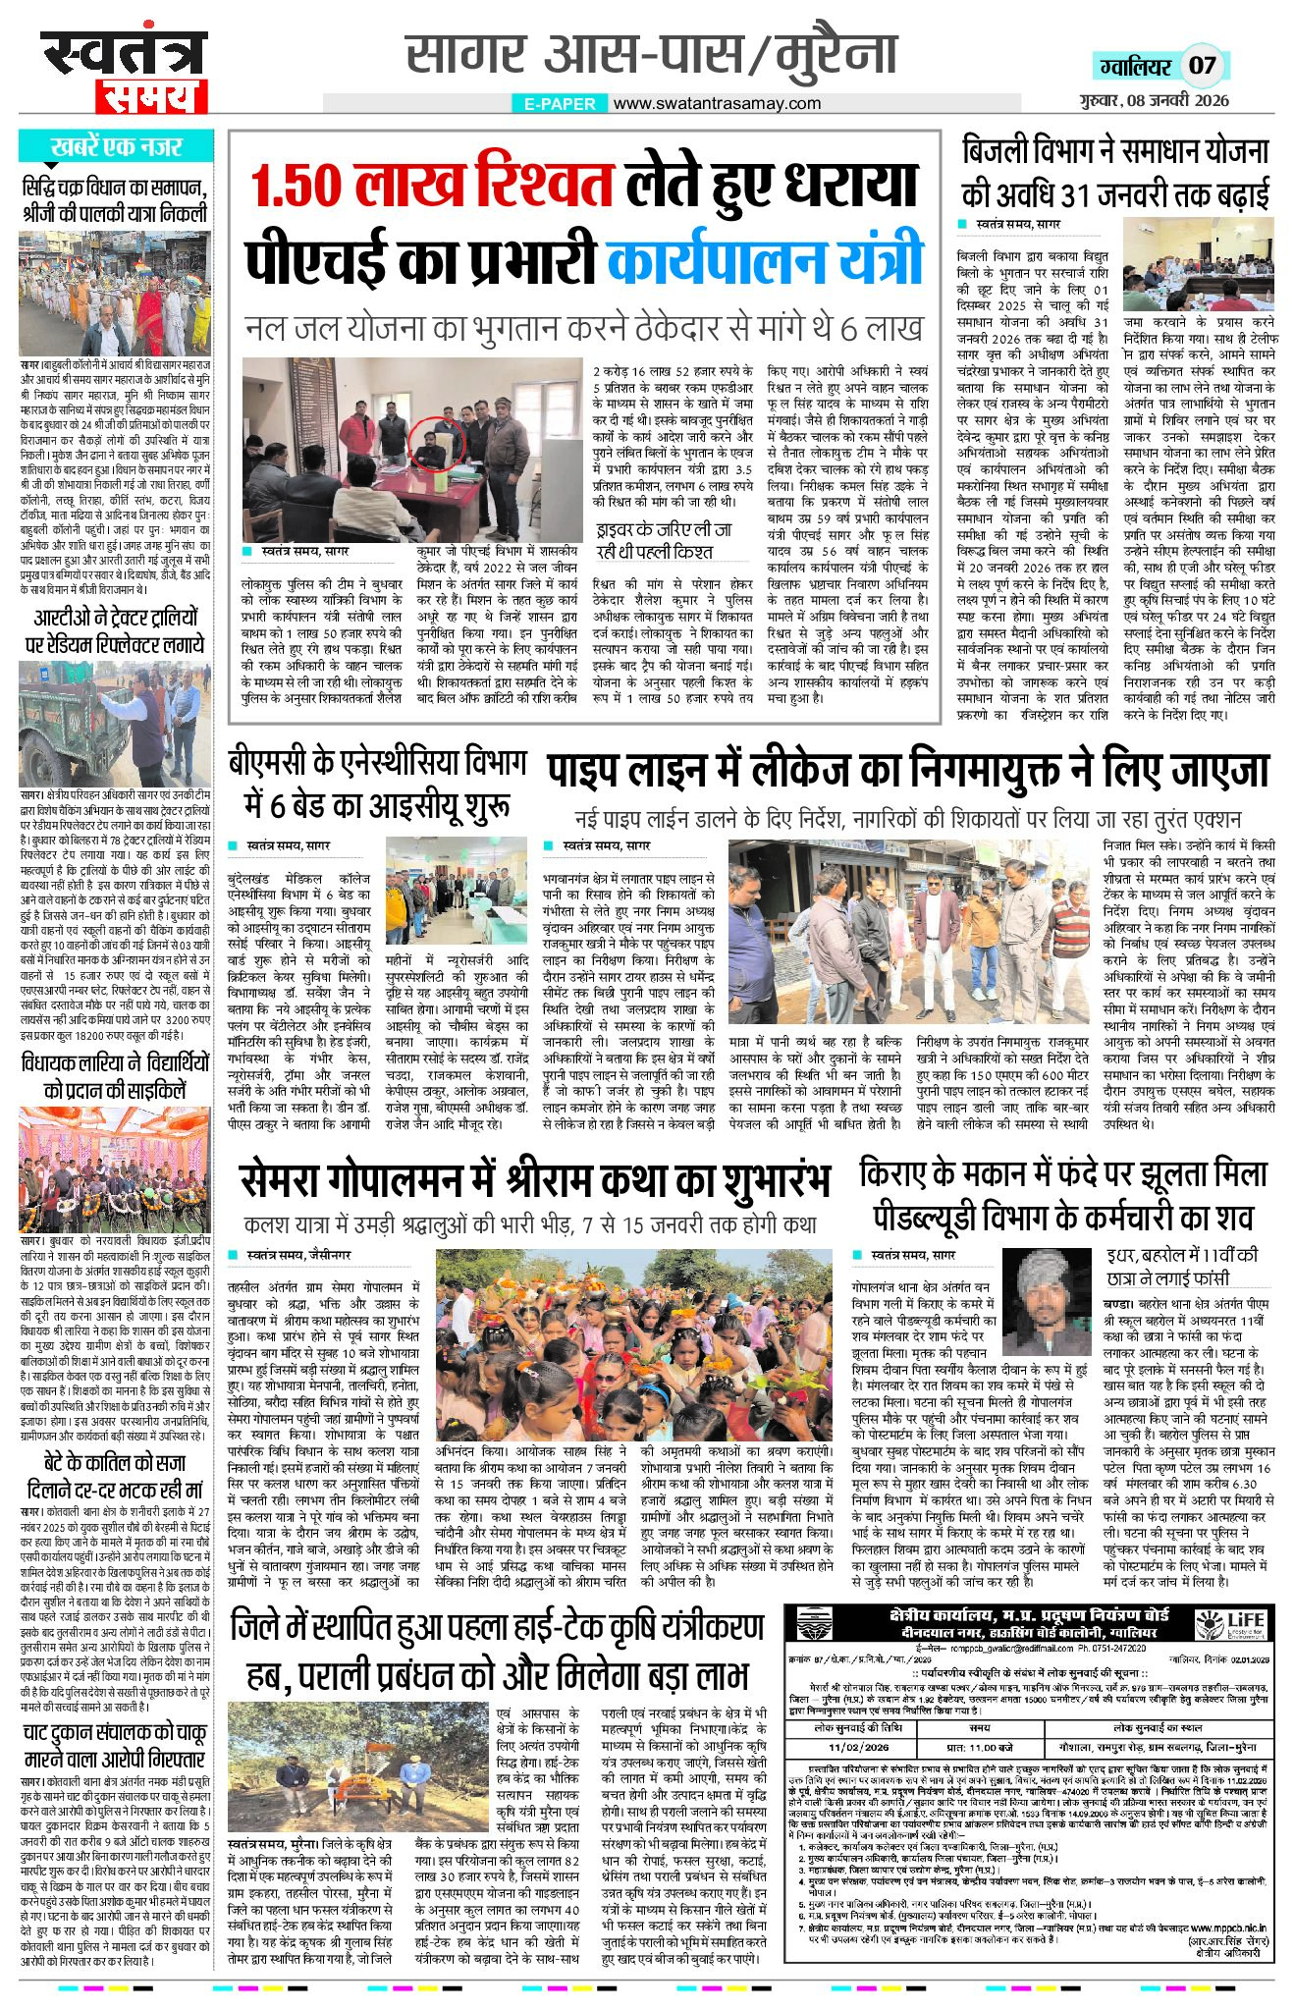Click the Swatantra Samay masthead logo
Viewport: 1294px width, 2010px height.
pyautogui.click(x=124, y=72)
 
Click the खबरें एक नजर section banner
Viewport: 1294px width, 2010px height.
pyautogui.click(x=116, y=147)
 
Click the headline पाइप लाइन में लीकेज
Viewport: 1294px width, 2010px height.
pyautogui.click(x=908, y=771)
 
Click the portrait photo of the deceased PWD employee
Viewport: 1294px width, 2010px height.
pyautogui.click(x=1045, y=1299)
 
